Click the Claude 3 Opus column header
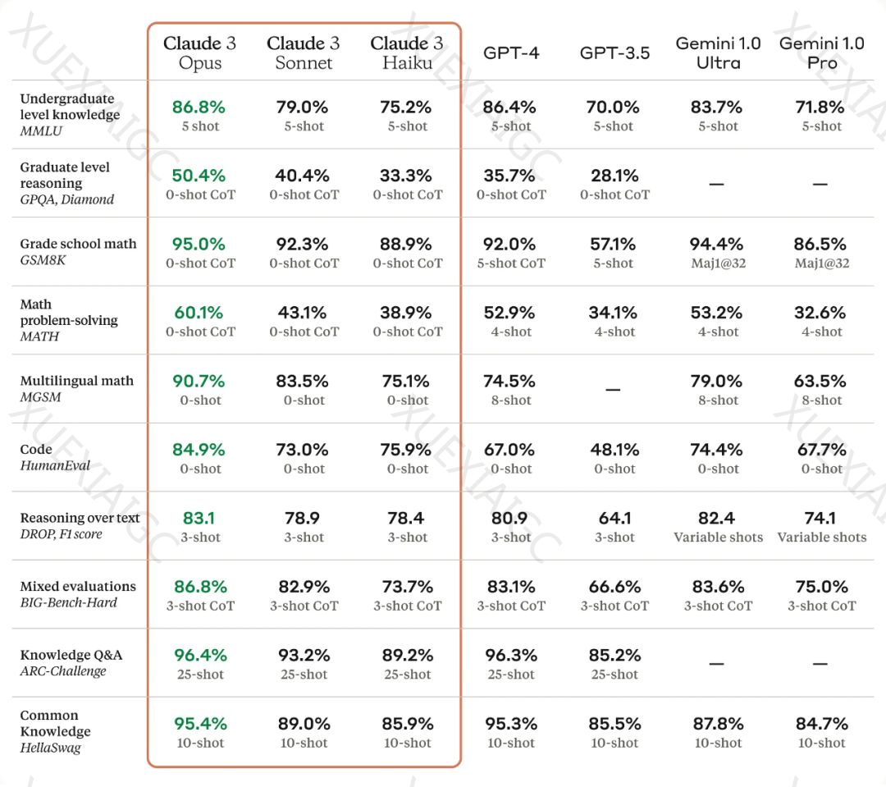199,53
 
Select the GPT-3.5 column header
614,53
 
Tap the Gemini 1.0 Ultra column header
718,53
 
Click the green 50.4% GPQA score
199,176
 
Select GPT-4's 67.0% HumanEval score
510,450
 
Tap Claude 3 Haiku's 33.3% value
407,176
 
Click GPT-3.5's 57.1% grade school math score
614,245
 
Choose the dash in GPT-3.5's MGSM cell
614,389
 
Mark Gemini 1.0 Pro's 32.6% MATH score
821,313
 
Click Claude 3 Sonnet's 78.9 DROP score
304,519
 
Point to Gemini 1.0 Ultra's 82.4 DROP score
718,519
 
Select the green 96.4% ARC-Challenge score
199,656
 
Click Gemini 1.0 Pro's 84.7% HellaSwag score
821,724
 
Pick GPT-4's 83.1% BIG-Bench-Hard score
510,587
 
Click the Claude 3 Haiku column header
407,53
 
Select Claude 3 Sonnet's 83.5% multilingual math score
304,382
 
